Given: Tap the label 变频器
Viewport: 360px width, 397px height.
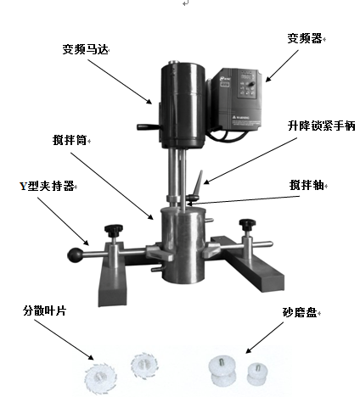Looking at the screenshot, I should (x=306, y=38).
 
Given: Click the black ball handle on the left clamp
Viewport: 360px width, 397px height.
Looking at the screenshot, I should (x=78, y=253).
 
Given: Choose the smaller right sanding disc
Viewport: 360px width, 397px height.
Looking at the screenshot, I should (x=256, y=372).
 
